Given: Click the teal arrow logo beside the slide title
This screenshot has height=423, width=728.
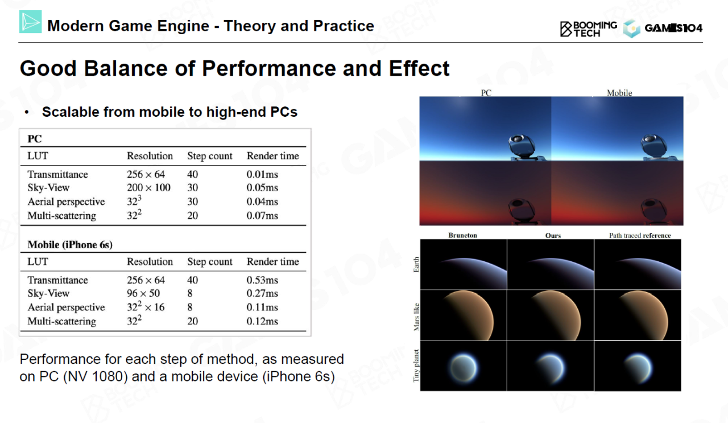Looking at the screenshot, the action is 31,22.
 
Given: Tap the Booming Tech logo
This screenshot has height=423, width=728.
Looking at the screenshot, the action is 588,29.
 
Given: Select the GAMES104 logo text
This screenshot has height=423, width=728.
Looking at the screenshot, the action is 673,28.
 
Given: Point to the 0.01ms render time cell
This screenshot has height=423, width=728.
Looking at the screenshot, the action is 262,174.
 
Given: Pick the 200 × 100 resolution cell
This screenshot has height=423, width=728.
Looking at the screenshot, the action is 148,187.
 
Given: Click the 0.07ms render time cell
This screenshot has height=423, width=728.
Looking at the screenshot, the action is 262,215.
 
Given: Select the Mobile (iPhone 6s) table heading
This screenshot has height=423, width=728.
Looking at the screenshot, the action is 70,245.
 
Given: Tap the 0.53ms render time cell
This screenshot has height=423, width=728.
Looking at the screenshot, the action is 262,280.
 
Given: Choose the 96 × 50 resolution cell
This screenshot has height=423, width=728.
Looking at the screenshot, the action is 143,293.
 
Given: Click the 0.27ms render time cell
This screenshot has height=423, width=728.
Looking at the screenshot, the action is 262,293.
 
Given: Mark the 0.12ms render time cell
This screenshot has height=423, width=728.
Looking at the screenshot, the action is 262,321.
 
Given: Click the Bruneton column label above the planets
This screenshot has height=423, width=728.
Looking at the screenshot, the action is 462,235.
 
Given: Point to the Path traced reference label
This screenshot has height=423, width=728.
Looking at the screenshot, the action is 640,235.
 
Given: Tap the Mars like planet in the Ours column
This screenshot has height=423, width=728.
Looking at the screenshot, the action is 556,315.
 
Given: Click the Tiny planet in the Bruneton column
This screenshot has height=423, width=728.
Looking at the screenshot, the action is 463,368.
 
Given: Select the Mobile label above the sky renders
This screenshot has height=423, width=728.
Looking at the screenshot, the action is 619,93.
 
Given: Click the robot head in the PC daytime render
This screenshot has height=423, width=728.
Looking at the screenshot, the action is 521,145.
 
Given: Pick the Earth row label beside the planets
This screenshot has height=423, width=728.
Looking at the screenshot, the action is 416,264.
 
